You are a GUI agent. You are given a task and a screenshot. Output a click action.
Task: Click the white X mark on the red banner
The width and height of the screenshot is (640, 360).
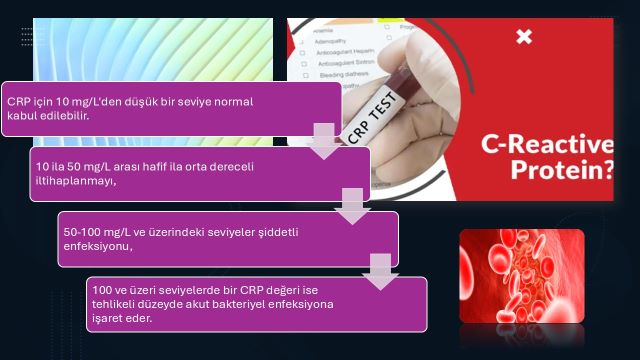coord(524,37)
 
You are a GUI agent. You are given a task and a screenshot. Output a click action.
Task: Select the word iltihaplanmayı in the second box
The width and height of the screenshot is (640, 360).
coord(75,182)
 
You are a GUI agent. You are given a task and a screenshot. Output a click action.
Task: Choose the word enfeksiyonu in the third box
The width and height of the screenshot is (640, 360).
coord(95,246)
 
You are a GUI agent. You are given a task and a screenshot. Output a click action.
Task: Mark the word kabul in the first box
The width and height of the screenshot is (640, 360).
coord(22,116)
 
